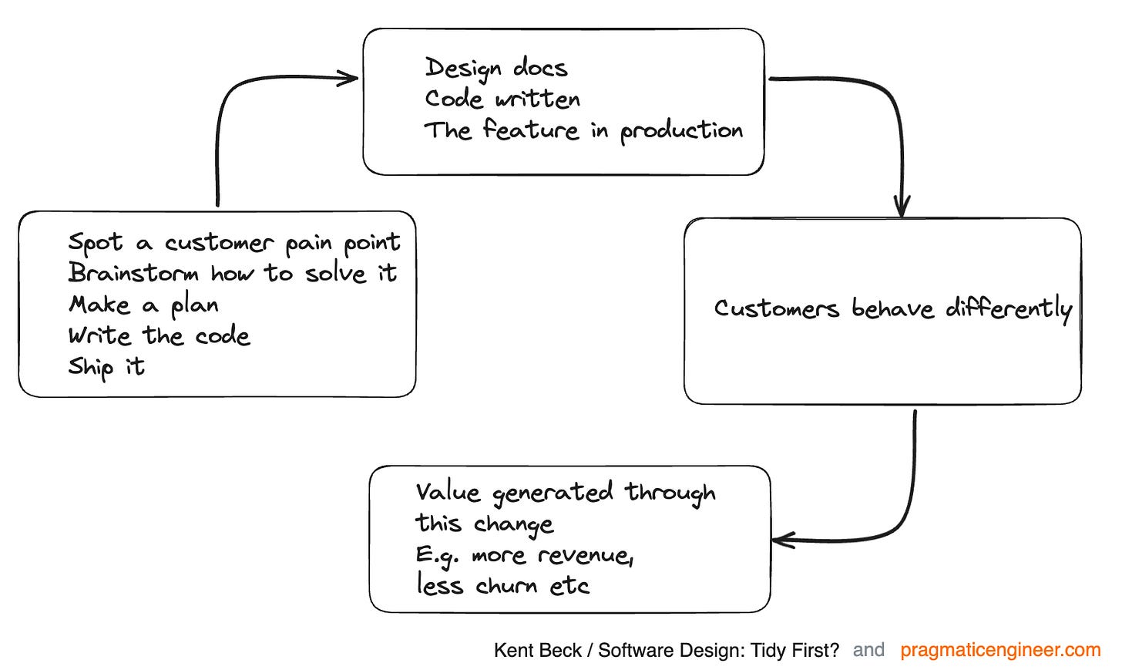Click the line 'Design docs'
495,68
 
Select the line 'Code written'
502,99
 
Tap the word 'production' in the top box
681,131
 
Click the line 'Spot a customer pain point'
234,243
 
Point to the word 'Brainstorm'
133,273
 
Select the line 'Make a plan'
143,305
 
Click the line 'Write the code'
159,336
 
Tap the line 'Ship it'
106,367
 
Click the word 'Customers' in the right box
775,308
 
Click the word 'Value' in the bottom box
448,493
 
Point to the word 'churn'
506,586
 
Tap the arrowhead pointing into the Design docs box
351,77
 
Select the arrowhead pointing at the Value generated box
780,540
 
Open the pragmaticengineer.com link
1000,650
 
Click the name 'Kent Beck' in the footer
537,651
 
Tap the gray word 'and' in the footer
868,650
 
